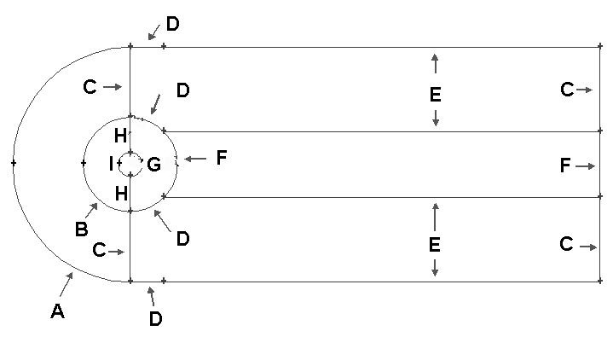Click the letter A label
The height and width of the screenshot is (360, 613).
[57, 311]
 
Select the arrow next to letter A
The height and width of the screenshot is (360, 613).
[67, 284]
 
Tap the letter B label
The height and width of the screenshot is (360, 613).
[81, 229]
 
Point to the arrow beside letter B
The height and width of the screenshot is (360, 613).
[91, 210]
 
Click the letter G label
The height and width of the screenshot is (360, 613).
[154, 165]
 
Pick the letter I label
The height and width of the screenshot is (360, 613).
[111, 164]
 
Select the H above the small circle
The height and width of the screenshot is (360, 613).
[120, 136]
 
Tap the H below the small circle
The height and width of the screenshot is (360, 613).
[121, 194]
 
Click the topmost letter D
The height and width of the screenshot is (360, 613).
[173, 24]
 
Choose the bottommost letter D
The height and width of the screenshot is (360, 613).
[156, 319]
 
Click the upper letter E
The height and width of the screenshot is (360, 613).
[435, 95]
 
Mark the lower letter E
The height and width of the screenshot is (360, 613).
[434, 245]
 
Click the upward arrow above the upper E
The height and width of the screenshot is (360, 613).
[435, 63]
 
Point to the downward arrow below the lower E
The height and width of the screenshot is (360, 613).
[434, 268]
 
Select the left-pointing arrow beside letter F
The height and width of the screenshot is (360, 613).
[195, 159]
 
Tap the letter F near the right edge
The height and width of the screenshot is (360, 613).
[565, 165]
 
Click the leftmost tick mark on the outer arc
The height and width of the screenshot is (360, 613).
[14, 163]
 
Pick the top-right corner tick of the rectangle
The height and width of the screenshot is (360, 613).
[600, 47]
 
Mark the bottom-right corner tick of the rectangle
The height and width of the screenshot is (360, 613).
[600, 281]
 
